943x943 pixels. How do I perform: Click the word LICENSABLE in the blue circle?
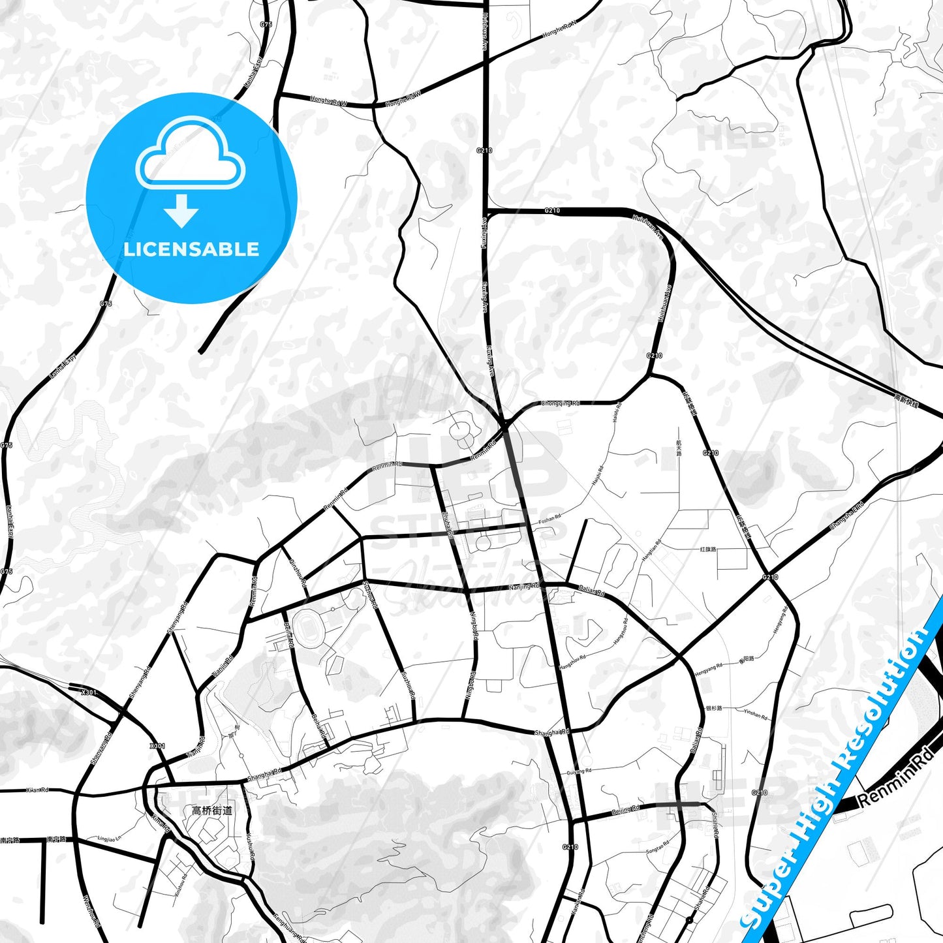(191, 249)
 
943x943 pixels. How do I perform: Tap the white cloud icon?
(190, 154)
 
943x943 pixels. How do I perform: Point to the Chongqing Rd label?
(560, 403)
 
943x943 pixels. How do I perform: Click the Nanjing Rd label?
(524, 587)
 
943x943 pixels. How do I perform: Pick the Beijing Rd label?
(625, 811)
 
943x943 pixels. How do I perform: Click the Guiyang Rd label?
(579, 771)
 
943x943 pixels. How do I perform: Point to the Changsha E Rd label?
(846, 516)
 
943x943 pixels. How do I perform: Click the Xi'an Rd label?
(37, 790)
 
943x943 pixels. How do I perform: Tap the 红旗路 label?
(708, 549)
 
